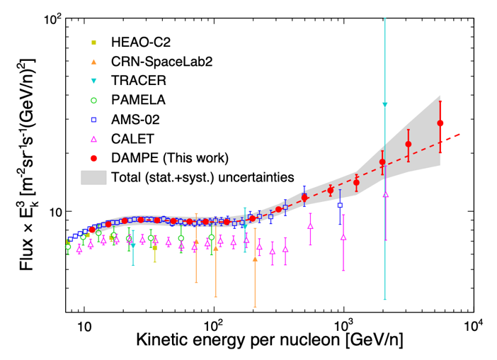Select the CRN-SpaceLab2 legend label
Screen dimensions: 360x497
pyautogui.click(x=162, y=62)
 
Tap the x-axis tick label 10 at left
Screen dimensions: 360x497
pyautogui.click(x=84, y=330)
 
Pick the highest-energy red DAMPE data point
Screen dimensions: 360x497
pyautogui.click(x=440, y=123)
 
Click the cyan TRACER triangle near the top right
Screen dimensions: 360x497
pyautogui.click(x=385, y=105)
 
